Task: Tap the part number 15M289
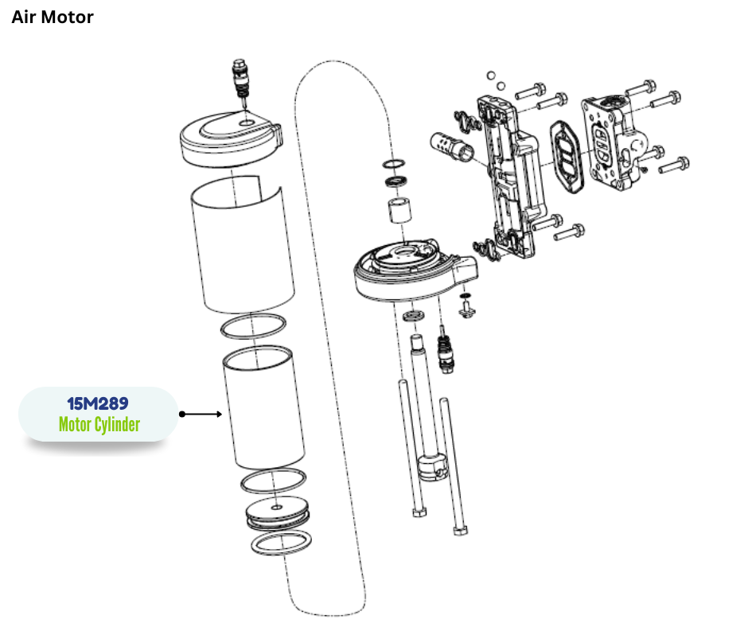pyautogui.click(x=98, y=404)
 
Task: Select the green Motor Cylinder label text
pyautogui.click(x=99, y=425)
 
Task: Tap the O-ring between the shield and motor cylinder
pyautogui.click(x=254, y=326)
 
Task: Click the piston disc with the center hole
pyautogui.click(x=276, y=510)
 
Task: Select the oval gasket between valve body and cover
pyautogui.click(x=567, y=155)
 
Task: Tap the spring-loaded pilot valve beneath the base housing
pyautogui.click(x=447, y=354)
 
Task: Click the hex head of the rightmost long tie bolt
pyautogui.click(x=459, y=531)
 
